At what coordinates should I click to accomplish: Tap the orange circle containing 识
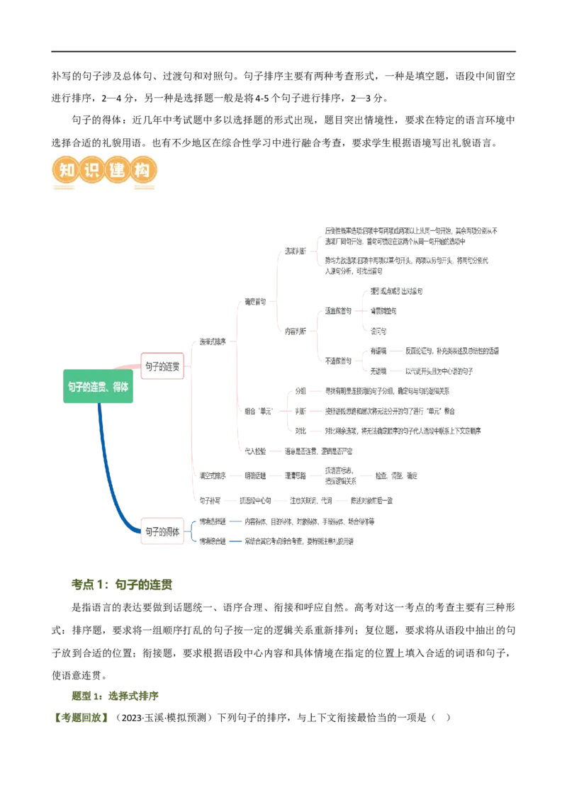click(x=91, y=171)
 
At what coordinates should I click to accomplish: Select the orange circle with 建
click(x=118, y=171)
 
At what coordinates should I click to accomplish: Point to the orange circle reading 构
click(x=143, y=171)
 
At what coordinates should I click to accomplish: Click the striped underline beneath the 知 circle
click(x=64, y=188)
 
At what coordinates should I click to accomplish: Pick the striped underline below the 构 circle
click(x=143, y=188)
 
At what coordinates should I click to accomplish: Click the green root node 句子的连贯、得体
click(x=99, y=388)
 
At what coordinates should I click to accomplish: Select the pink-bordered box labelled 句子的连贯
click(x=162, y=366)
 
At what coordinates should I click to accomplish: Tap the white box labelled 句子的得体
click(x=162, y=531)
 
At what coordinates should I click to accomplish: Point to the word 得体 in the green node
click(x=120, y=388)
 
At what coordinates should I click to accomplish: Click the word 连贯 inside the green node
click(x=99, y=388)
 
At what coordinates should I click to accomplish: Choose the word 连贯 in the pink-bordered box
click(x=172, y=366)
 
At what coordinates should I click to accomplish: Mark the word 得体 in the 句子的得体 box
click(x=172, y=531)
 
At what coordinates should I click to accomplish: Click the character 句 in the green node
click(x=72, y=388)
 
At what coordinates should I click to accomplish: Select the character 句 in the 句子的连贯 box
click(x=149, y=366)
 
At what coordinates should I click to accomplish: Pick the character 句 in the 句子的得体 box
click(x=149, y=531)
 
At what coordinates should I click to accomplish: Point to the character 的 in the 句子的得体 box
click(x=162, y=531)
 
